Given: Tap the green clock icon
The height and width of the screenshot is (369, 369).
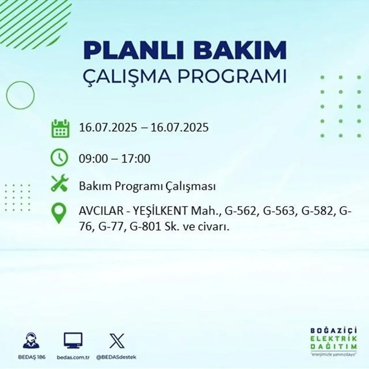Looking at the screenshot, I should point(59,158).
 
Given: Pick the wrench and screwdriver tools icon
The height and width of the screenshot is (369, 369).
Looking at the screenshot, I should point(60,184).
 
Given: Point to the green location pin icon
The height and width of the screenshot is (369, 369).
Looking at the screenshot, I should point(59,213).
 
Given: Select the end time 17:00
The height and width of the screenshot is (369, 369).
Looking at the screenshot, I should point(136,159).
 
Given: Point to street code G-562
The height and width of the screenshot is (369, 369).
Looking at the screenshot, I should point(240,211).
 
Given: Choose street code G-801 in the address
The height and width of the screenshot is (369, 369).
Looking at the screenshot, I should point(145,227).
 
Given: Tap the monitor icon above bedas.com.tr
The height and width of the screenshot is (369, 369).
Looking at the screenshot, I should point(73,340).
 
